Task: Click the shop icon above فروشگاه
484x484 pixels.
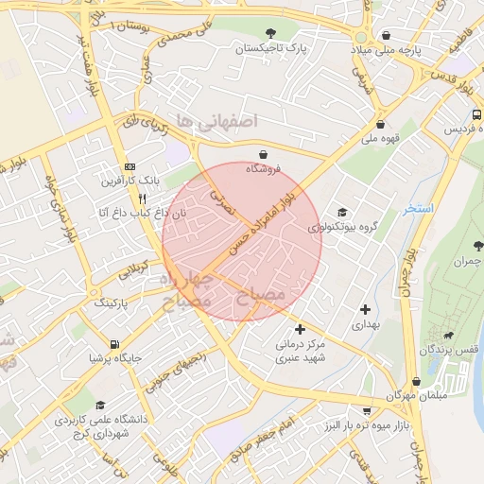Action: click(x=263, y=154)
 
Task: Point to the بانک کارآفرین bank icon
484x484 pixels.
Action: click(x=130, y=164)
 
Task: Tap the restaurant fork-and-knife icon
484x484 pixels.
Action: click(x=142, y=199)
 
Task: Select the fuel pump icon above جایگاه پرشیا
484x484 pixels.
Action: click(x=114, y=343)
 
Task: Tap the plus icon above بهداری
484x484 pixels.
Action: click(x=365, y=309)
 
